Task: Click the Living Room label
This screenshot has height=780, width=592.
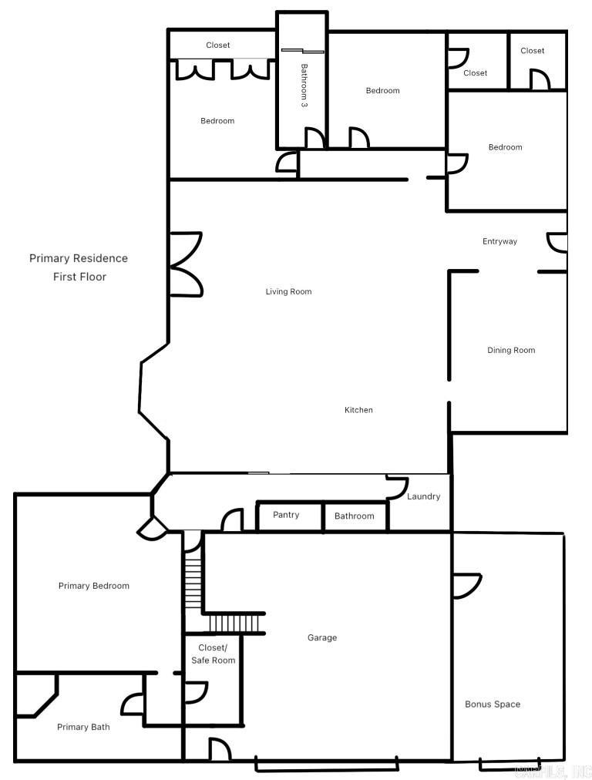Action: pos(288,292)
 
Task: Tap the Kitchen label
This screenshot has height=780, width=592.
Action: pos(358,410)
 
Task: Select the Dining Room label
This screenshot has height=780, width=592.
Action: pos(511,351)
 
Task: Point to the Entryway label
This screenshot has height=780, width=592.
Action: pos(499,242)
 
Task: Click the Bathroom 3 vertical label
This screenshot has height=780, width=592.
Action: pos(304,85)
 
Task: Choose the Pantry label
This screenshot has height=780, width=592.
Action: pos(286,515)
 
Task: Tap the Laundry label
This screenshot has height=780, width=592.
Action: pos(423,497)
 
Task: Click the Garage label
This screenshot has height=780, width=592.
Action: pos(322,638)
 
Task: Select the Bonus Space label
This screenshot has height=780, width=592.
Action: pos(493,704)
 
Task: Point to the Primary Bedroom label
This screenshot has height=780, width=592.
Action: pos(94,586)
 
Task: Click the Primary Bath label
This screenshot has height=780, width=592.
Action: pos(83,727)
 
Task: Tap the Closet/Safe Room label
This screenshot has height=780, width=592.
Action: pos(213,654)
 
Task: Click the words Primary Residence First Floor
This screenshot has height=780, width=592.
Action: pos(79,267)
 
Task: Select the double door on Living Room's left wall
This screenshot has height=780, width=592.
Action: pos(185,264)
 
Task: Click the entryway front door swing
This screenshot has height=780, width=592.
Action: pos(557,243)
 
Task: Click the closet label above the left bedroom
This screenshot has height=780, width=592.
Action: pos(218,45)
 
